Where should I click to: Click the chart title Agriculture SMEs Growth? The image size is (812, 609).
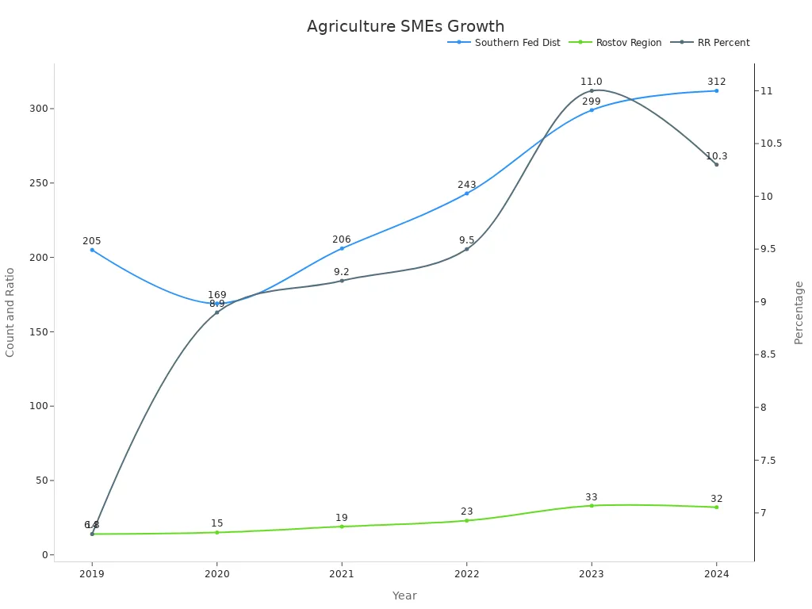[405, 26]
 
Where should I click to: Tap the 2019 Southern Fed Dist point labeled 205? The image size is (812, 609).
[92, 250]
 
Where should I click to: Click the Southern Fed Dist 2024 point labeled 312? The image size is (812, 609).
[716, 90]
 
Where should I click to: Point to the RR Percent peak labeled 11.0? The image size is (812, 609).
[592, 90]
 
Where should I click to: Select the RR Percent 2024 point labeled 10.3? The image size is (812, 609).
[716, 164]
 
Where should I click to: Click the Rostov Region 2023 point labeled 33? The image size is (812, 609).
[592, 505]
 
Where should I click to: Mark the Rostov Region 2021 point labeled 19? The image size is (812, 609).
[342, 527]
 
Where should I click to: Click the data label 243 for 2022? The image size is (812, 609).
[466, 185]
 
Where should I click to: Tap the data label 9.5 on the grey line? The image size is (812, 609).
[466, 240]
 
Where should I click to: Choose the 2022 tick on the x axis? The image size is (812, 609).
[466, 574]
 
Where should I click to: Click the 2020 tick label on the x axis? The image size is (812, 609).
[216, 574]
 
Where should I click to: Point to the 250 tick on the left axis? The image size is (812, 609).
[36, 183]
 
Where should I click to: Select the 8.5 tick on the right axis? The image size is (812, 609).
[771, 354]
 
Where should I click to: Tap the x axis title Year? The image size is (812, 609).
[404, 596]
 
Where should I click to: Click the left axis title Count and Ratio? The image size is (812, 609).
[10, 312]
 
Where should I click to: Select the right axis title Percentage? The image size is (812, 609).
[799, 312]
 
